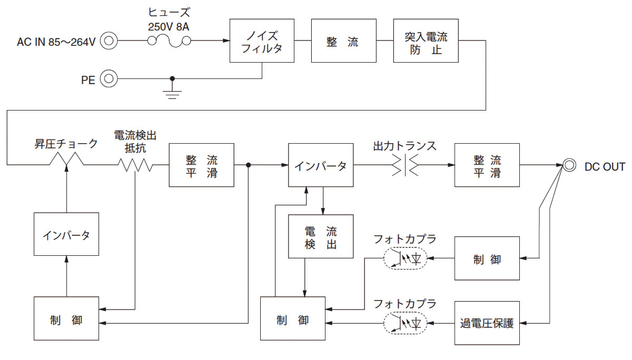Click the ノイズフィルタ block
point(262,41)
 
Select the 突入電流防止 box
point(426,41)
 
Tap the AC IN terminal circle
point(109,41)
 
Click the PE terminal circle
point(109,79)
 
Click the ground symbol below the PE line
point(172,93)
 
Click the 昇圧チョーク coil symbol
point(67,159)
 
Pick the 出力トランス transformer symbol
point(404,166)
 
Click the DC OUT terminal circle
point(569,165)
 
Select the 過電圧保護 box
point(487,323)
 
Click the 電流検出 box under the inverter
point(320,236)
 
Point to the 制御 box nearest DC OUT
point(487,258)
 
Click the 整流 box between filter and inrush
point(343,41)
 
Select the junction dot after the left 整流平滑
point(248,165)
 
